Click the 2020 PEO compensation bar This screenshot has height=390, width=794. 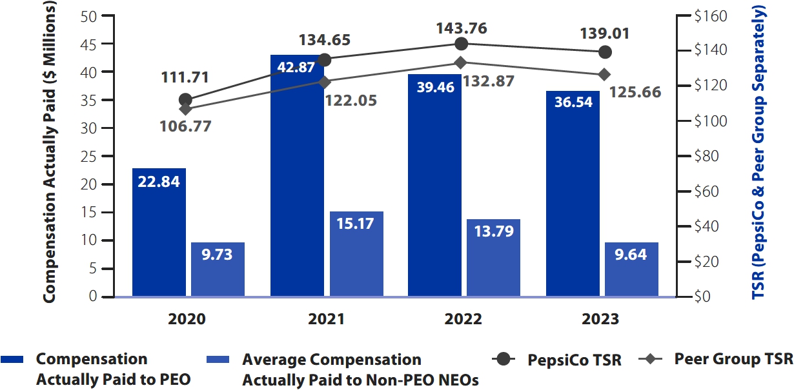point(159,232)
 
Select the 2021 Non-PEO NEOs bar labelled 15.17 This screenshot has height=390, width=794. point(356,254)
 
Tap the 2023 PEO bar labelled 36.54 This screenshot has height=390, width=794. point(573,193)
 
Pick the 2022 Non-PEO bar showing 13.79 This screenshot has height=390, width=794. point(493,258)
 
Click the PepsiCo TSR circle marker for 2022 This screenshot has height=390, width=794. point(461,44)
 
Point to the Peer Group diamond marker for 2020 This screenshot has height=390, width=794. point(186,109)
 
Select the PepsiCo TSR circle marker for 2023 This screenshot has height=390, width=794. point(606,52)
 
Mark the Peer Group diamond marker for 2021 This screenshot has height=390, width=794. point(325,82)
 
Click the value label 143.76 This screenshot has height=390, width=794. point(461,28)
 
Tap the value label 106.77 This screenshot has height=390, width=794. point(186,126)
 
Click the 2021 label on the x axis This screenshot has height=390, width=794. point(327,319)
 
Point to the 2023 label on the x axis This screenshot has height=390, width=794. point(600,319)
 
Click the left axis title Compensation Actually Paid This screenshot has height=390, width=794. point(50,155)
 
